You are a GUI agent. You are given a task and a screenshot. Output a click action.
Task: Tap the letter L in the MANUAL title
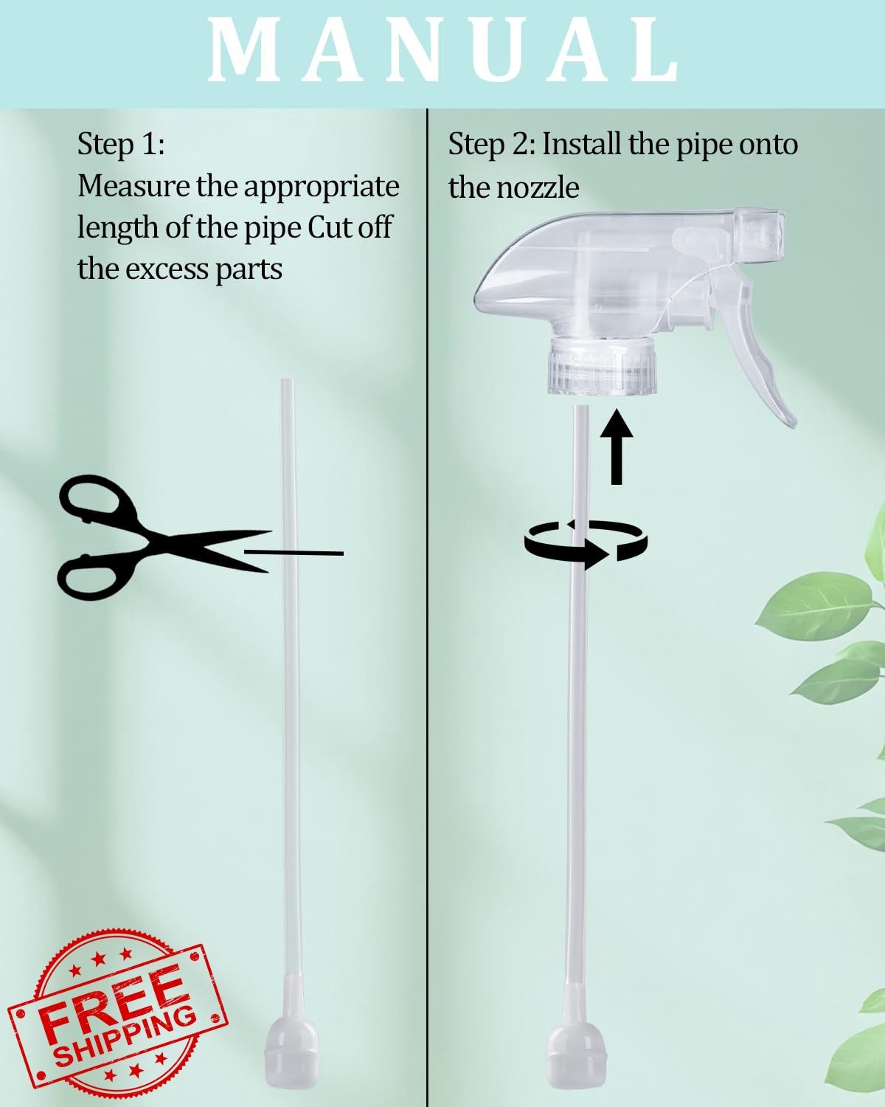(650, 50)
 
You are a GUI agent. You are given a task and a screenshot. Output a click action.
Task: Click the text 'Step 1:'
(122, 145)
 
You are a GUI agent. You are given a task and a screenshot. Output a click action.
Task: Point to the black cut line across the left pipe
(294, 553)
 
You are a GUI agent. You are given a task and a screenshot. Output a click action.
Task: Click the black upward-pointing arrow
(617, 446)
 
